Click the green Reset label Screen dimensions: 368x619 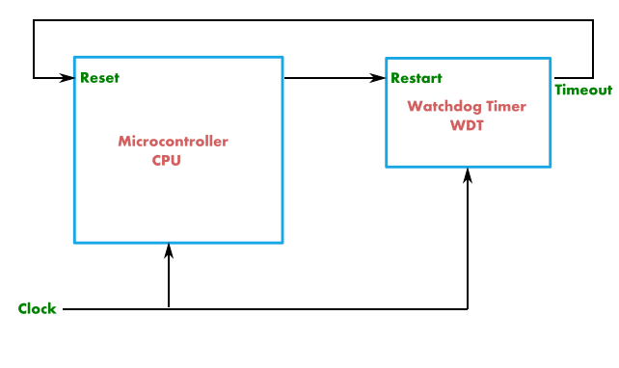click(x=99, y=78)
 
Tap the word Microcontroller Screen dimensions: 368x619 click(x=173, y=142)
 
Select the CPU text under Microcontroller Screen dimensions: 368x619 click(x=166, y=161)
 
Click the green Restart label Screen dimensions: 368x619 click(x=417, y=78)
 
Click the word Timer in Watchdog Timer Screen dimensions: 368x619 click(x=503, y=107)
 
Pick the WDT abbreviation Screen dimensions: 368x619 click(x=467, y=125)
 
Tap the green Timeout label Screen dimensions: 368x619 click(x=583, y=91)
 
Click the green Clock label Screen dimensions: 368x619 click(x=38, y=309)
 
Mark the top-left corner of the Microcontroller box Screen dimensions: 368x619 click(x=74, y=57)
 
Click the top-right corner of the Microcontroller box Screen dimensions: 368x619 click(x=283, y=57)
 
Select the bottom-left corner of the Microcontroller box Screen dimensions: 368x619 click(x=74, y=243)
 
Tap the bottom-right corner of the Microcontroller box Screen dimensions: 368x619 click(x=283, y=243)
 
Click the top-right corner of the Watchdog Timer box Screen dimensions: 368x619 click(x=551, y=59)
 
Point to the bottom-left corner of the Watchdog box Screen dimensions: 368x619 click(x=387, y=167)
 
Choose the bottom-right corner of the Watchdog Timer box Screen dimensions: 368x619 click(x=551, y=167)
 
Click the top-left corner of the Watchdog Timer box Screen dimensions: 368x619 click(x=387, y=59)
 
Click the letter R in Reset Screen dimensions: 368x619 click(x=85, y=78)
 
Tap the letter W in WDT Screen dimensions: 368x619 click(x=457, y=125)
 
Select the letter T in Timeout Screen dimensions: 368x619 click(x=558, y=91)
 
